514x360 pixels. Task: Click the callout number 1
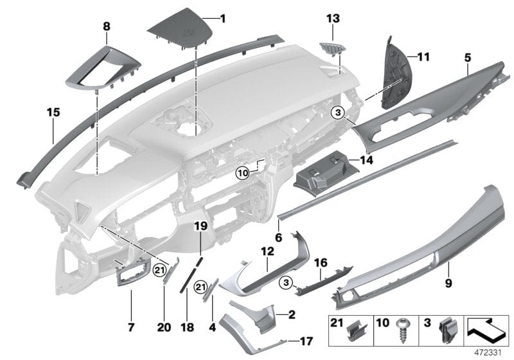223,18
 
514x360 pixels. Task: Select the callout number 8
107,26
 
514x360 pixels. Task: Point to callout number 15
53,113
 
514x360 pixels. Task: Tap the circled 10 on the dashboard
242,172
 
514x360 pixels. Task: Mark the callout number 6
278,237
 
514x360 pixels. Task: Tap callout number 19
199,226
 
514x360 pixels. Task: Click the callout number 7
130,327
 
